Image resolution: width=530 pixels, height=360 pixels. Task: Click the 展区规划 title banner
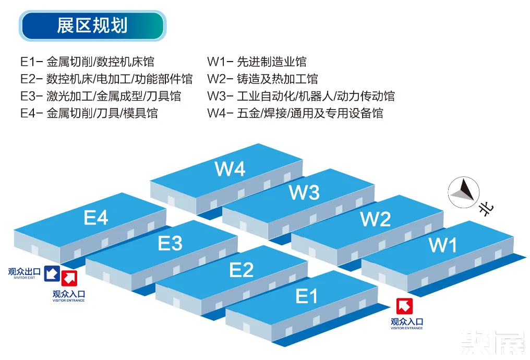(92, 26)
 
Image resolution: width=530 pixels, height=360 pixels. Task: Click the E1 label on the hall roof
(306, 296)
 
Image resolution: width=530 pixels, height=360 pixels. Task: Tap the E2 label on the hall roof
(241, 270)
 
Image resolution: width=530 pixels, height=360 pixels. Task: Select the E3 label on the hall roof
(170, 243)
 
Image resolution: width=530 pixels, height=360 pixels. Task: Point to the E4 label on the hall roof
(96, 218)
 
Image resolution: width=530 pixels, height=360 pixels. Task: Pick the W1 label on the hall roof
(442, 245)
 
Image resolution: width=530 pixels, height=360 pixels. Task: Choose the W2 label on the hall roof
(376, 219)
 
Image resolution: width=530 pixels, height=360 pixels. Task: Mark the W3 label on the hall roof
(304, 193)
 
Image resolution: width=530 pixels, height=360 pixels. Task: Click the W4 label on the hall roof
(230, 169)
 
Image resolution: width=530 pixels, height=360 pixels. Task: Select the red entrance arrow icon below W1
(404, 306)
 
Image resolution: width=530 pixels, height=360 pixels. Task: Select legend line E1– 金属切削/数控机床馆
(87, 62)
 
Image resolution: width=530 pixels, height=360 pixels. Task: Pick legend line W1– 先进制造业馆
(257, 62)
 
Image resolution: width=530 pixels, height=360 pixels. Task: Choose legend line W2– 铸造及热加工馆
(262, 79)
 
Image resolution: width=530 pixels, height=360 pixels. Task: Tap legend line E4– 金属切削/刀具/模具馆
(89, 113)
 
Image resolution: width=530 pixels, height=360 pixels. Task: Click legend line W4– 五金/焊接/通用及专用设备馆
(295, 113)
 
